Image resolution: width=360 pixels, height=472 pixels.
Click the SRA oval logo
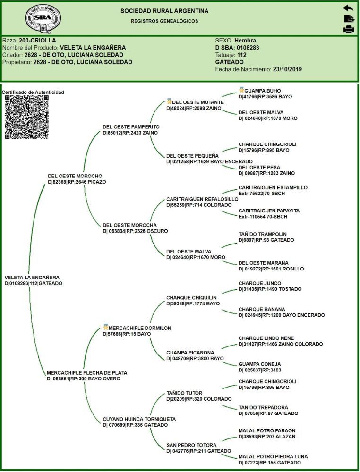[x=43, y=19]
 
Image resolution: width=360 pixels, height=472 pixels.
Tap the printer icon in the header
[x=349, y=29]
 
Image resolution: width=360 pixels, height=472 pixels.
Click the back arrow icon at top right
[x=348, y=8]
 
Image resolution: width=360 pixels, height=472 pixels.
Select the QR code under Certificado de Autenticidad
[x=27, y=117]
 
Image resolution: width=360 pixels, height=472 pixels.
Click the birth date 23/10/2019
[x=287, y=69]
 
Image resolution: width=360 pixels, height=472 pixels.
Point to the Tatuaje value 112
[x=241, y=55]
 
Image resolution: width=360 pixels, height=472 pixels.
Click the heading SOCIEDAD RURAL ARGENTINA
[x=164, y=11]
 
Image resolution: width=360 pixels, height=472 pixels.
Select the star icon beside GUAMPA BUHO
[x=241, y=90]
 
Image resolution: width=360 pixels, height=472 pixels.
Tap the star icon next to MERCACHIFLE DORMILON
[x=105, y=327]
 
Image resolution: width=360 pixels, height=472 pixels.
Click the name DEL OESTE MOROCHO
[x=75, y=176]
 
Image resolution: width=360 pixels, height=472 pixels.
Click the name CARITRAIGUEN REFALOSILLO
[x=202, y=199]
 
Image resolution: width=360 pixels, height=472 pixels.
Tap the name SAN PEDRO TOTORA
[x=191, y=445]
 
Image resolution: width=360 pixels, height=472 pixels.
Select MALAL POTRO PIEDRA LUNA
[x=273, y=456]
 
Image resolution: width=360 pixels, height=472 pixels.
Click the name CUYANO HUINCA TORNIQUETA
[x=139, y=419]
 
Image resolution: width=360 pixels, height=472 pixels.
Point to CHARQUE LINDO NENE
[x=266, y=338]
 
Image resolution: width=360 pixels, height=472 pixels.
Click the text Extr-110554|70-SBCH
[x=263, y=217]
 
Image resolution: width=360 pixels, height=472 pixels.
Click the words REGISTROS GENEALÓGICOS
[x=164, y=21]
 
